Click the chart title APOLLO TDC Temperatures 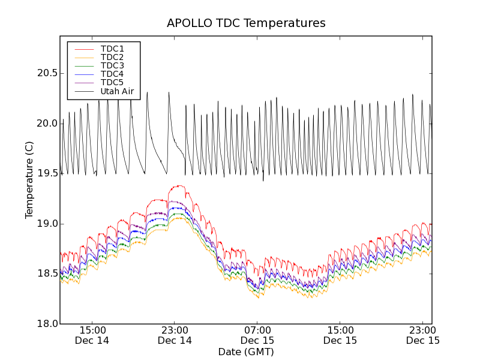[246, 23]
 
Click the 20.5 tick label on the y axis [46, 73]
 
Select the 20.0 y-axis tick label [46, 124]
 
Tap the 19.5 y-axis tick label [46, 173]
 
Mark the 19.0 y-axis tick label [46, 224]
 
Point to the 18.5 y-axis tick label [46, 274]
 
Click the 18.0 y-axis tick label [46, 324]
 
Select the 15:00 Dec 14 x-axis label [92, 335]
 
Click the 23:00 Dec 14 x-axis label [175, 335]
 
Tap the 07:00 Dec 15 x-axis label [257, 335]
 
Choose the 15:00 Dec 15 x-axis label [340, 335]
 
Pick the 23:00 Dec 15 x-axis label [423, 335]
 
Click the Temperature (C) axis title [29, 180]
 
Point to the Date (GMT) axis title [246, 352]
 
